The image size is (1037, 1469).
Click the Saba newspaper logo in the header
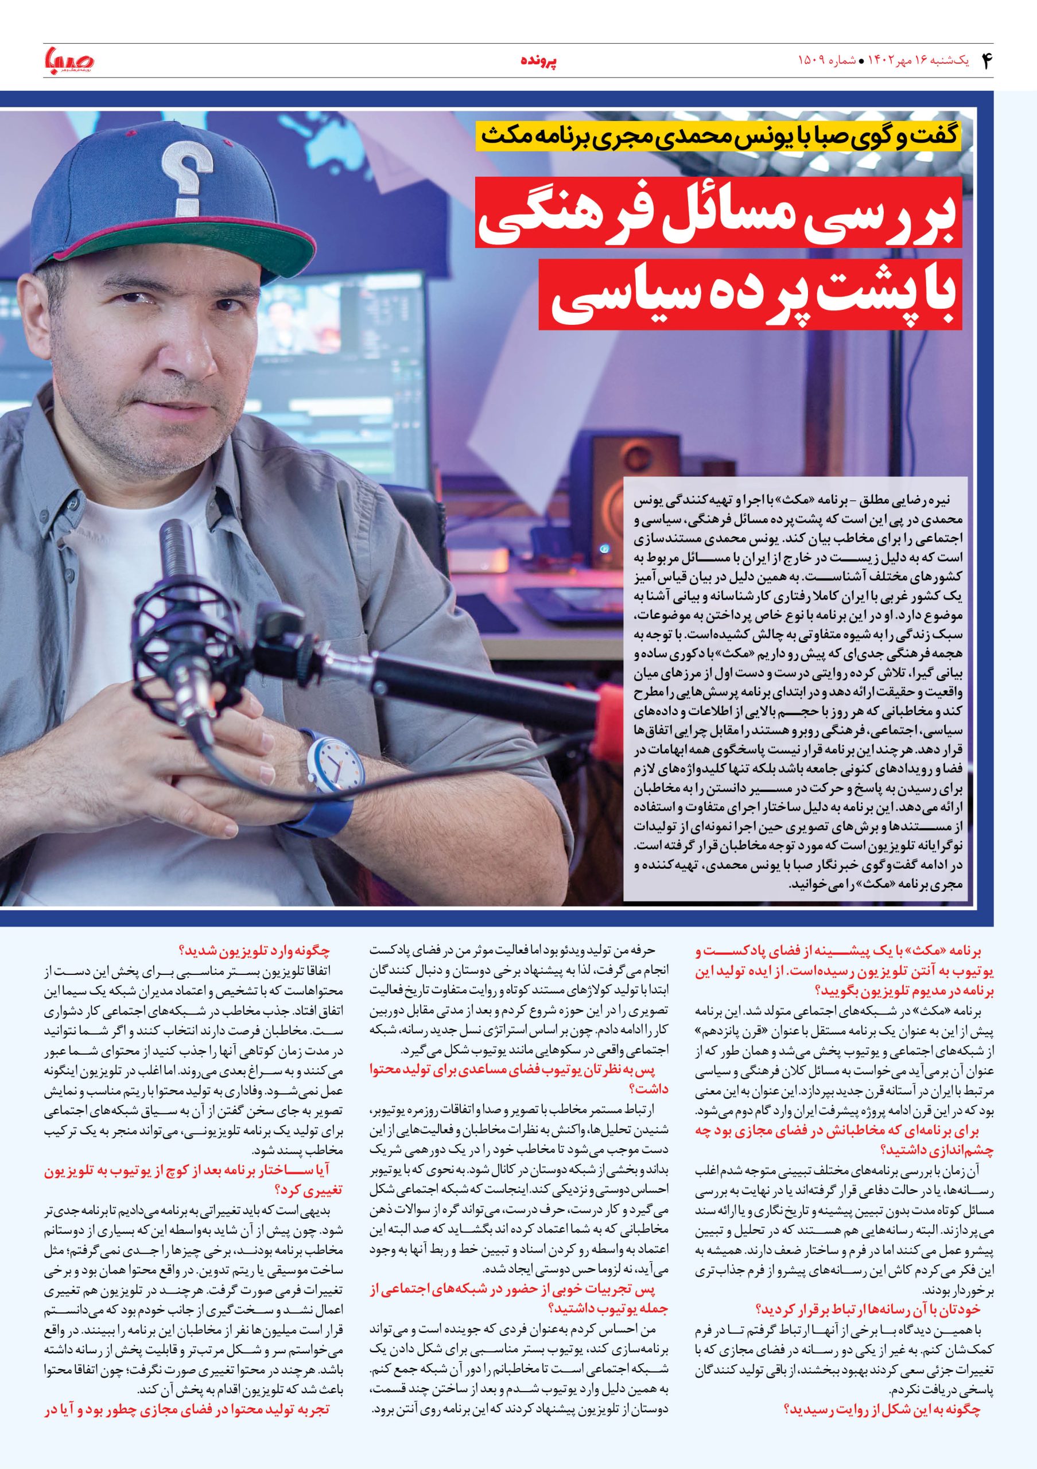[x=69, y=61]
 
